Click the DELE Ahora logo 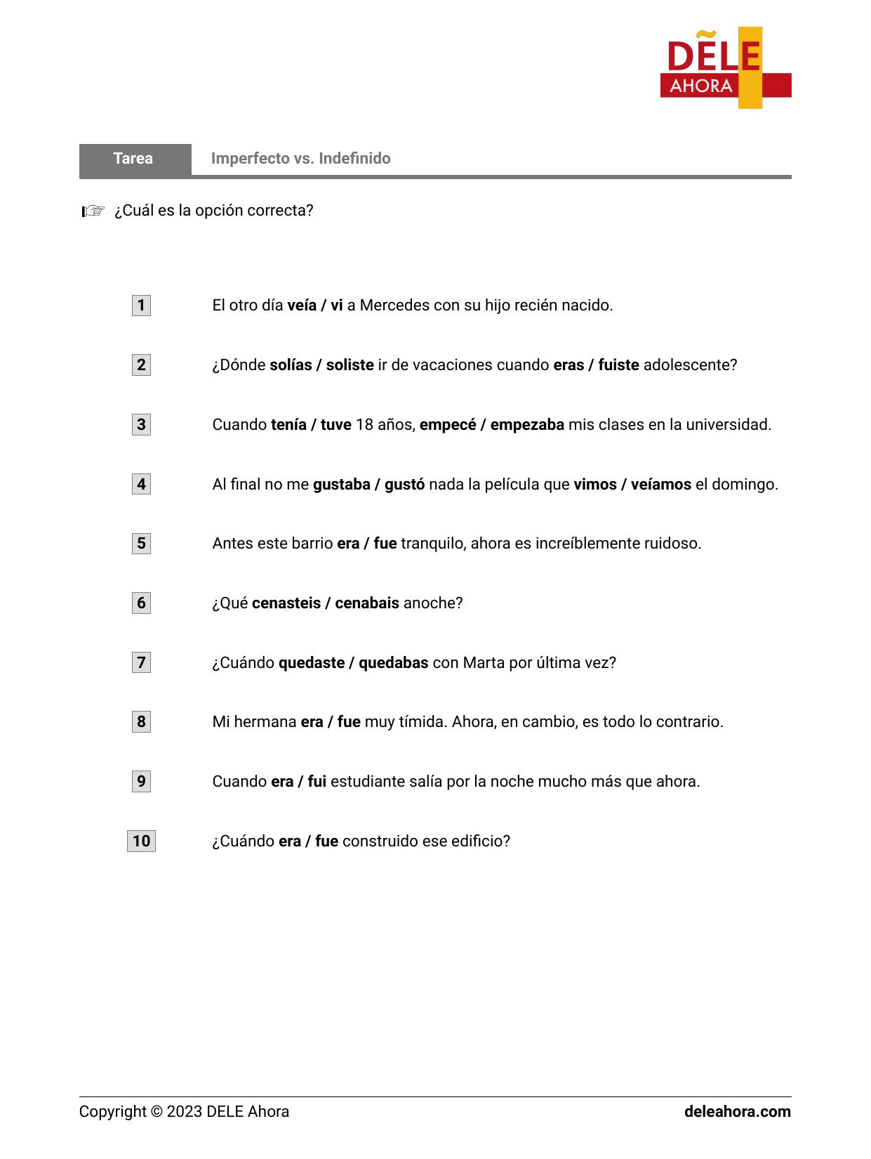(x=725, y=68)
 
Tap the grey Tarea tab (x=134, y=159)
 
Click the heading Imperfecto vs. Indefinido (x=300, y=159)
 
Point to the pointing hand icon (x=93, y=211)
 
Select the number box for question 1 (x=141, y=306)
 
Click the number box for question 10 (x=141, y=842)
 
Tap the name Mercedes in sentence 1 (x=391, y=306)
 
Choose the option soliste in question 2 (x=350, y=365)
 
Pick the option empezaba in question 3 (x=527, y=425)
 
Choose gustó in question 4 (x=404, y=485)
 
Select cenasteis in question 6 (x=286, y=603)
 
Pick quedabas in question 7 (x=393, y=663)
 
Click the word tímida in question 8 (x=423, y=722)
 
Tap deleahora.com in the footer (x=737, y=1112)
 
